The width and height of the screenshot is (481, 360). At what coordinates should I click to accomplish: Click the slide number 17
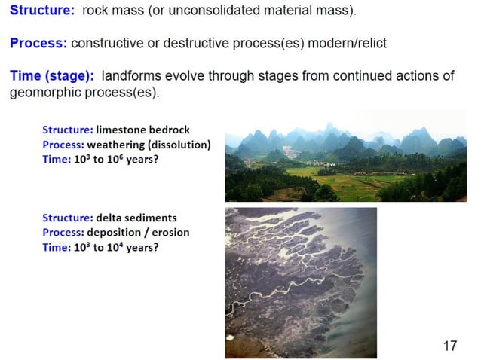point(450,346)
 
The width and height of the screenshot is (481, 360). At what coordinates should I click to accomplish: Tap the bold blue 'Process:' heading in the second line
point(38,43)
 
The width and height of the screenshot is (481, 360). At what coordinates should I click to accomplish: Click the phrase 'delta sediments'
point(137,218)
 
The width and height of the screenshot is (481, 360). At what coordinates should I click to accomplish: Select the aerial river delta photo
point(301,282)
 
